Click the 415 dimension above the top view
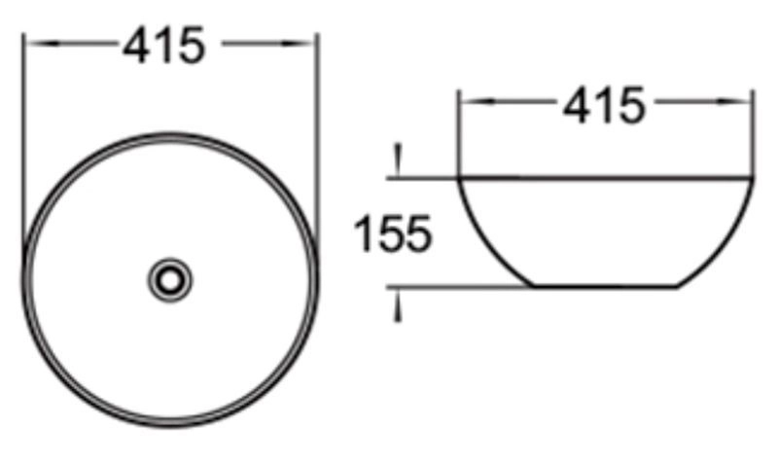click(x=163, y=45)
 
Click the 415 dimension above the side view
click(x=604, y=105)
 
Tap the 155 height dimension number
click(x=393, y=233)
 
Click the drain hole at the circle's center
click(x=170, y=280)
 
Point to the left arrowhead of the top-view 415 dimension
click(x=42, y=43)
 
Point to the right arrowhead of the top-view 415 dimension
click(x=298, y=43)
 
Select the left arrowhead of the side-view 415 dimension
click(x=477, y=102)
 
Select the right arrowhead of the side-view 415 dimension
click(x=734, y=102)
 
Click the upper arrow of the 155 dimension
click(x=398, y=160)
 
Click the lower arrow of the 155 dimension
click(x=398, y=305)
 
